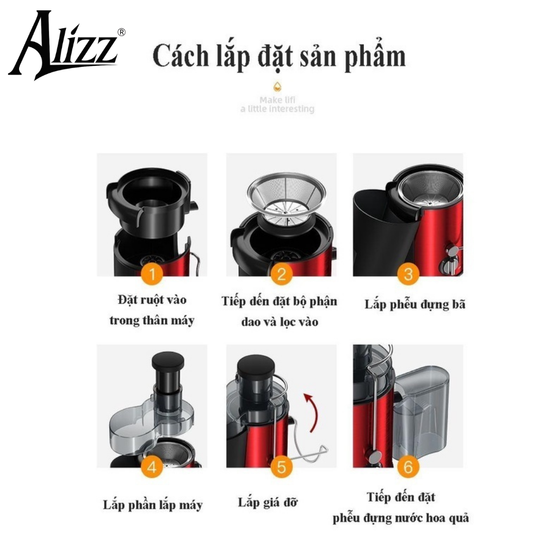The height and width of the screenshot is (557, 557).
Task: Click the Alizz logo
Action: coord(64,46)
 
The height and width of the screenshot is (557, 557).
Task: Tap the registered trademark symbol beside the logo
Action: coord(121,32)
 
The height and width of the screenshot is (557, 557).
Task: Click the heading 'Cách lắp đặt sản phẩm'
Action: coord(279,56)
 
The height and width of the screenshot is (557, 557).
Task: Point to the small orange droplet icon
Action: coord(277,86)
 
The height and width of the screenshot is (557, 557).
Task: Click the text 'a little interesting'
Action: coord(277,109)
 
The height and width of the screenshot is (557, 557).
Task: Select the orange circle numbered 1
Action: coord(152,274)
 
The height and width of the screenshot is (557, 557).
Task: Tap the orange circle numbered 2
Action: coord(281,274)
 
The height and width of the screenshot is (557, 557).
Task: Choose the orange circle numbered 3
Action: coord(408,274)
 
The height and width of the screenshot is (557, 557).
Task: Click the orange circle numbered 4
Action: coord(152,467)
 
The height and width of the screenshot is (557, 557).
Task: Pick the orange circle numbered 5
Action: coord(281,467)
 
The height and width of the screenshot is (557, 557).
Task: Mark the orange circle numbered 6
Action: coord(408,467)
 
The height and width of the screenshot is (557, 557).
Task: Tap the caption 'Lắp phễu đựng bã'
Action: coord(414,305)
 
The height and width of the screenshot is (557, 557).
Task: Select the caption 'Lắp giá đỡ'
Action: coord(268,503)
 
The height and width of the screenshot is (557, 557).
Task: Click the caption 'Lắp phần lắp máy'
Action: coord(153,505)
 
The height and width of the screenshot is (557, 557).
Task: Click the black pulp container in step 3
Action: coord(386,231)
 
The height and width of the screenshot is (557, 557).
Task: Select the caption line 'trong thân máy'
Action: coord(152,321)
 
